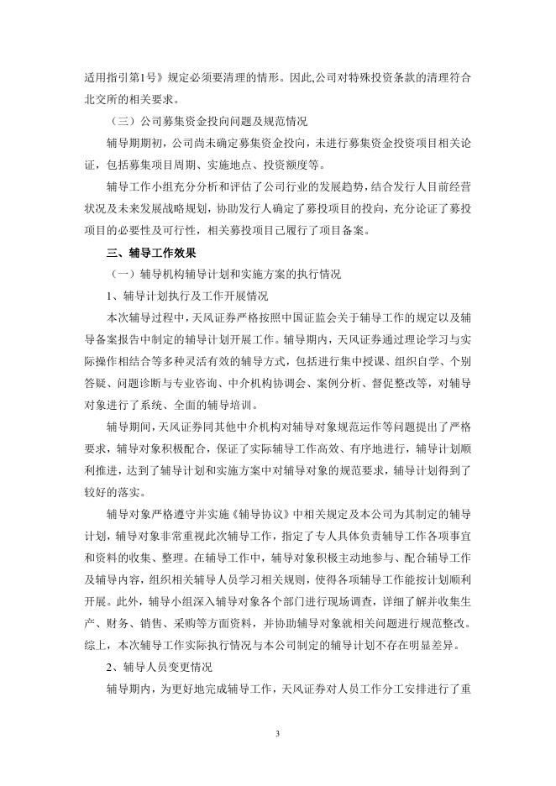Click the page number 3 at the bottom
[277, 733]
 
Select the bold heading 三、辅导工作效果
[150, 252]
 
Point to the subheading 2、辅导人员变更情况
[160, 667]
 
